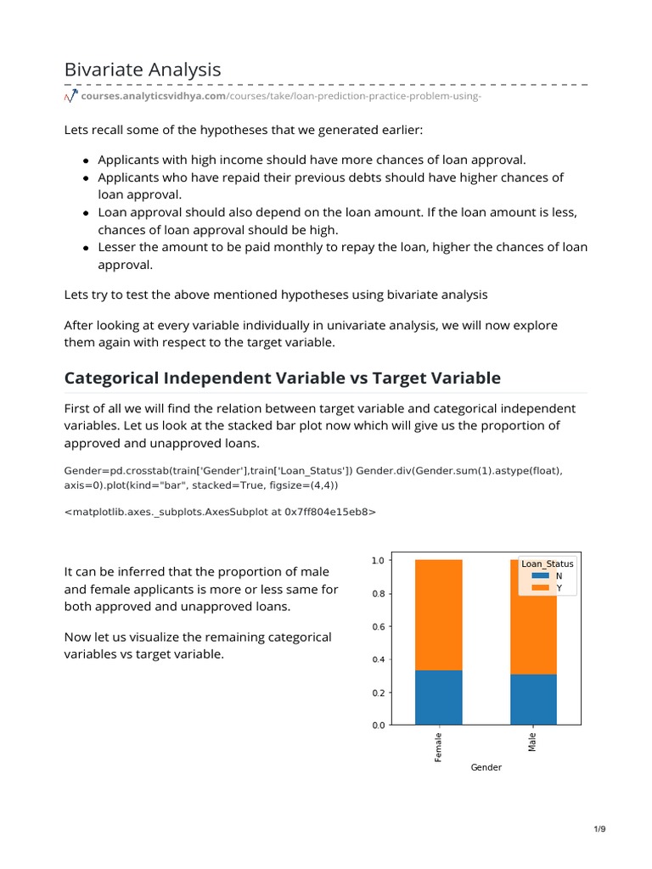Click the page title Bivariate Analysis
[x=143, y=69]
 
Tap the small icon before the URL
[x=70, y=98]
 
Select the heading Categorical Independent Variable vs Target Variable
[x=283, y=378]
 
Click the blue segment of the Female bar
[x=439, y=698]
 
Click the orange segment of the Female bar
[x=439, y=614]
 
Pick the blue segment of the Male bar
[x=533, y=699]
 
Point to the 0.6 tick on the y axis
[x=379, y=626]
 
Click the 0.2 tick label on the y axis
[x=379, y=692]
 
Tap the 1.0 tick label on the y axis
[x=379, y=560]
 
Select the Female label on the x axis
[x=439, y=747]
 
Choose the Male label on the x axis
[x=533, y=743]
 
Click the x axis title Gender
[x=486, y=767]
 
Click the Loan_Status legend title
[x=547, y=563]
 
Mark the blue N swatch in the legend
[x=540, y=575]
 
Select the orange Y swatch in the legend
[x=540, y=587]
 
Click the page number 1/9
[x=599, y=828]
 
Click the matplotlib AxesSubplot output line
[x=220, y=512]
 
